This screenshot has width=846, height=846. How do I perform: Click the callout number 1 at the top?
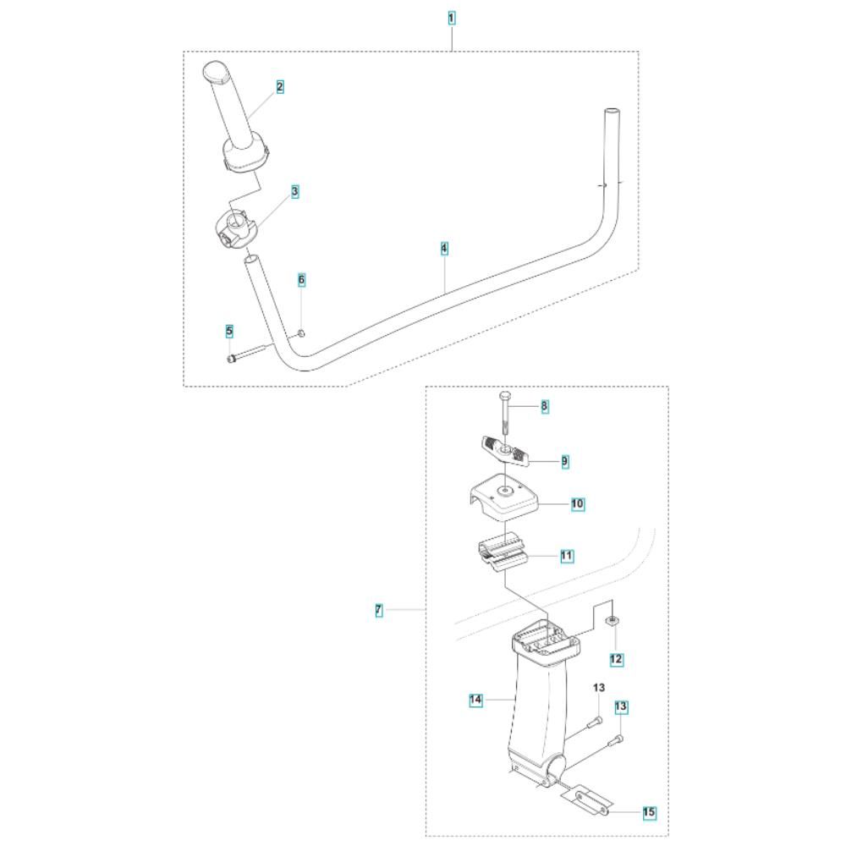452,18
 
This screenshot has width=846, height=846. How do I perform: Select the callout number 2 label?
279,86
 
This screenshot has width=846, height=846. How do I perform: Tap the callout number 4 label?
444,249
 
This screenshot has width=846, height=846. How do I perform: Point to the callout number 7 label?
379,609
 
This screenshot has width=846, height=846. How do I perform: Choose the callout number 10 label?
577,504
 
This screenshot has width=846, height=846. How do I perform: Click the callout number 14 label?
475,700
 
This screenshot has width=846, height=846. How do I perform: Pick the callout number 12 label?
616,658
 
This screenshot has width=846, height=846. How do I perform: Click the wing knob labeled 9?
506,452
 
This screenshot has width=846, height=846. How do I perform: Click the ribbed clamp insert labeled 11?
504,555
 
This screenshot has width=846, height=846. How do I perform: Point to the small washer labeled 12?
611,623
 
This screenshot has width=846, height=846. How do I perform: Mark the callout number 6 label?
301,279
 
